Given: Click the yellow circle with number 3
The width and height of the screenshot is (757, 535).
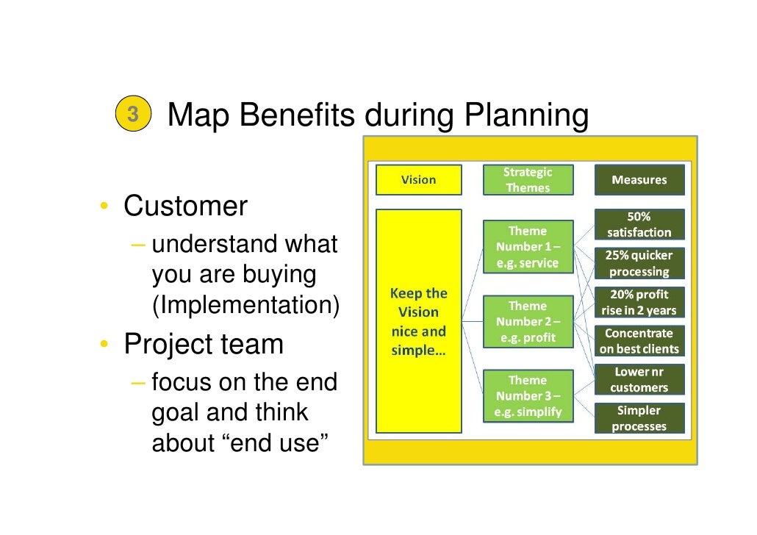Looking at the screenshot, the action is [x=132, y=115].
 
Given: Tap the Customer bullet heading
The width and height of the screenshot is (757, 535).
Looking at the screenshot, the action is [x=185, y=206].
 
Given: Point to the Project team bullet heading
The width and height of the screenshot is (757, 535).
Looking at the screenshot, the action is [x=203, y=343].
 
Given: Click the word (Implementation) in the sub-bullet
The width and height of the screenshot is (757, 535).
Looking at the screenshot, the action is [x=245, y=305].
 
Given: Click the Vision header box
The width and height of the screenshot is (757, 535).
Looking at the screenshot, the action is [x=418, y=180].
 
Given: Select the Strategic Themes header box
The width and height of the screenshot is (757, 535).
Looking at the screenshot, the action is [x=527, y=180].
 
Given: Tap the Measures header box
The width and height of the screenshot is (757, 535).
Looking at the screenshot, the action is [x=639, y=180].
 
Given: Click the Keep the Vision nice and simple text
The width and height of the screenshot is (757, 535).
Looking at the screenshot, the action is [x=419, y=320].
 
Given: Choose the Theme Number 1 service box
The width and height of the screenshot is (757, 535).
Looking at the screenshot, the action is [x=527, y=247].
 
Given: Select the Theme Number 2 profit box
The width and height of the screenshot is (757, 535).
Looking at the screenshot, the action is [x=527, y=322].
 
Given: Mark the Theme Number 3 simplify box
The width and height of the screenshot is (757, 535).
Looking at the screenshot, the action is [x=527, y=396].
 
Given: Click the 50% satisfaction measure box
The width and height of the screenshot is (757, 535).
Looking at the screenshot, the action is [x=639, y=225].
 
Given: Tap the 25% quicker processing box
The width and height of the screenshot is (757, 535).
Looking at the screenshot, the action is [x=639, y=264].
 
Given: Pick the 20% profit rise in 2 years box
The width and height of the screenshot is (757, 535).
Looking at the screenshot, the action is [x=639, y=302].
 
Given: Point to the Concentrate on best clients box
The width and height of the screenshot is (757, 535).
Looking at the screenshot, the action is [x=639, y=341].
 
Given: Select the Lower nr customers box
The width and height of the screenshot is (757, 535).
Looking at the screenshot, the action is [x=639, y=380].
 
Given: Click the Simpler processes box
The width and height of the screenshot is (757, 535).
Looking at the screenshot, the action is [x=639, y=418].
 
